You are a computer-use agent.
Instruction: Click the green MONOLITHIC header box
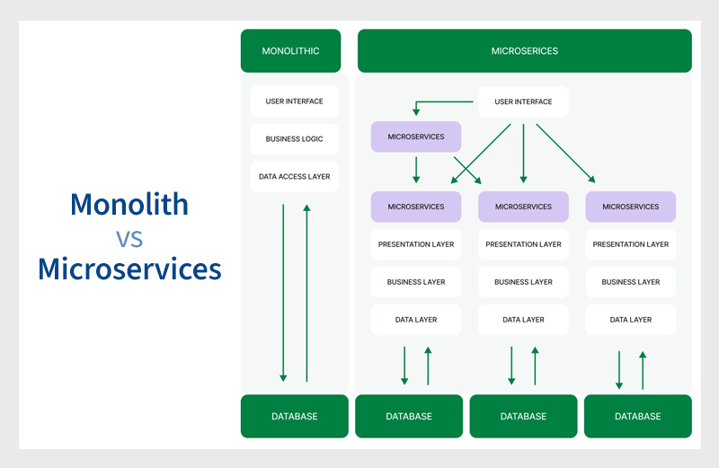point(294,51)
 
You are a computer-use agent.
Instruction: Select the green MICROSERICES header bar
point(524,51)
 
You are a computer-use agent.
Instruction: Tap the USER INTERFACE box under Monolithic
point(294,102)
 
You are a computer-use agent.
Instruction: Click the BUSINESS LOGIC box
point(294,139)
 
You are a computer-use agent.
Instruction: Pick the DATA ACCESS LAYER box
point(294,177)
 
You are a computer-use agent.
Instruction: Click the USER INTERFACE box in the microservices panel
point(523,102)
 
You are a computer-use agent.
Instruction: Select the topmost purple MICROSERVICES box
point(416,137)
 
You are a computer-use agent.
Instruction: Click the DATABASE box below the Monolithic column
point(294,416)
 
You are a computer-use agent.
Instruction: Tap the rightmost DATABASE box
point(638,416)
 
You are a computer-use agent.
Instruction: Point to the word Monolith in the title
point(129,204)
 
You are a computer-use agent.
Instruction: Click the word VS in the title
point(129,238)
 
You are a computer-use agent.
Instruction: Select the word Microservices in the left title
point(129,269)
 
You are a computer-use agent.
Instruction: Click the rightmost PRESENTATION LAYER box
point(631,244)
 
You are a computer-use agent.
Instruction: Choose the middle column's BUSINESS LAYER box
point(523,282)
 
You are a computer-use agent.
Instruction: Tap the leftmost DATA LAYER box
point(416,320)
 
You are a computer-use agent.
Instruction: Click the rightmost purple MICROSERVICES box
point(631,207)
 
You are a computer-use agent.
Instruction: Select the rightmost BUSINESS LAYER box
point(631,282)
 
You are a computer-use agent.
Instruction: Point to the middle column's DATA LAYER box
point(523,320)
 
